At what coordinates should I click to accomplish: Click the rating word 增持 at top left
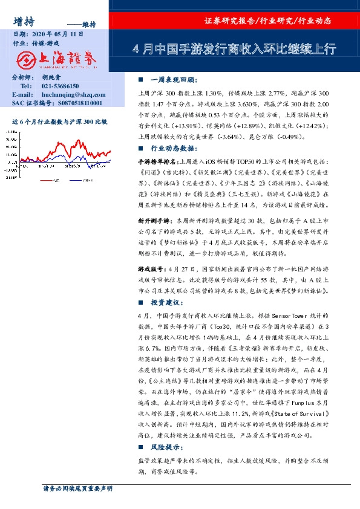(22, 20)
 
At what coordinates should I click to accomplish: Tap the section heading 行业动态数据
(173, 148)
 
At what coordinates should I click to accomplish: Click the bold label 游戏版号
(151, 268)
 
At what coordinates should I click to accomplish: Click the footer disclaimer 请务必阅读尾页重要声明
(77, 488)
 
